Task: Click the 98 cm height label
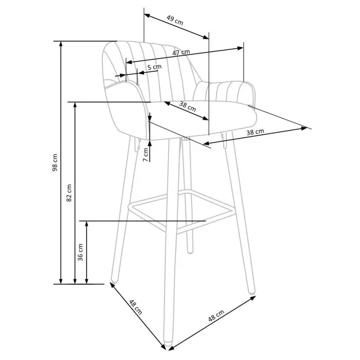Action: point(55,162)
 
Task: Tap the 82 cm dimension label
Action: point(69,193)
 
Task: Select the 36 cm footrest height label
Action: point(80,252)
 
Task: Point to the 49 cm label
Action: point(175,20)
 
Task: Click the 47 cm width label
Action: point(181,53)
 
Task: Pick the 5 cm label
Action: point(154,67)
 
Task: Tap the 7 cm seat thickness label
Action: point(146,155)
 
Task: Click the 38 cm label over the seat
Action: point(187,106)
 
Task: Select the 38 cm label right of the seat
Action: point(255,132)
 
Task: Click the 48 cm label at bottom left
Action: point(135,307)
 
